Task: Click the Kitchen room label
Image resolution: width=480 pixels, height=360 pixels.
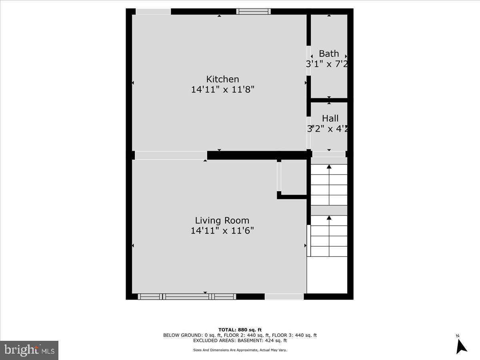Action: point(222,79)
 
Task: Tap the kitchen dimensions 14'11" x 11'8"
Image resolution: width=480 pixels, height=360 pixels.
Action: point(222,89)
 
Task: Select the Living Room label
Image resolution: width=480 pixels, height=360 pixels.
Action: point(222,220)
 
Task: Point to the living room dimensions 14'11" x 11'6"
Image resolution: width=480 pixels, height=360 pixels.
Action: point(222,230)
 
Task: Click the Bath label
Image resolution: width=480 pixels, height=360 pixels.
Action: point(329,54)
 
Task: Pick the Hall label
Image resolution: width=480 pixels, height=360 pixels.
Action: point(330,118)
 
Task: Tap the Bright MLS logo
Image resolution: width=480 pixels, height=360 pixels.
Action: point(29,350)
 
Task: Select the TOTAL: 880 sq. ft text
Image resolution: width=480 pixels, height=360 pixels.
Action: point(240,330)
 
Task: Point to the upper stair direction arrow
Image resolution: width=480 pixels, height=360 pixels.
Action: point(329,167)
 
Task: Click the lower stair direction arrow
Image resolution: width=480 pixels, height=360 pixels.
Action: point(329,218)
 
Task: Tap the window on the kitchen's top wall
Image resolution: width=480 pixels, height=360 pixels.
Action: point(253,11)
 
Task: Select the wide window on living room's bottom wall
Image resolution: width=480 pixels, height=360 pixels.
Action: point(187,296)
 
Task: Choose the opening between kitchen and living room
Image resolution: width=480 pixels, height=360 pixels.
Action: point(171,155)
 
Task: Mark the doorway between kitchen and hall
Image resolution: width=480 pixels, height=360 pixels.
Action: point(308,132)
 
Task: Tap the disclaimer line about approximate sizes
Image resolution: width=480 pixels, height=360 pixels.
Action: point(240,350)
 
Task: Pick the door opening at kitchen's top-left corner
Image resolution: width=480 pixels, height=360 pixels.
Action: point(153,11)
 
